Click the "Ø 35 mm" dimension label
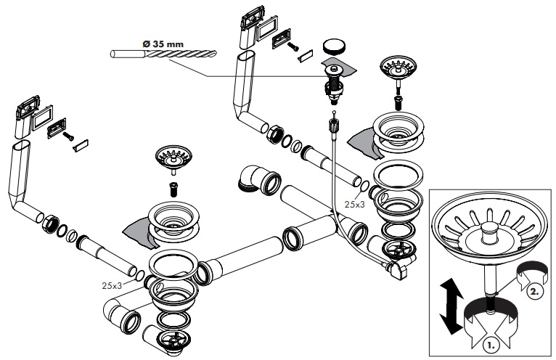point(163,44)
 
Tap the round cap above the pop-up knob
point(333,45)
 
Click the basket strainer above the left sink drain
point(172,158)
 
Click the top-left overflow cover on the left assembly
point(26,114)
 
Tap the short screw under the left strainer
point(173,188)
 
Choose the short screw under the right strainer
point(397,99)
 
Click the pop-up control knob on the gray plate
point(335,70)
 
